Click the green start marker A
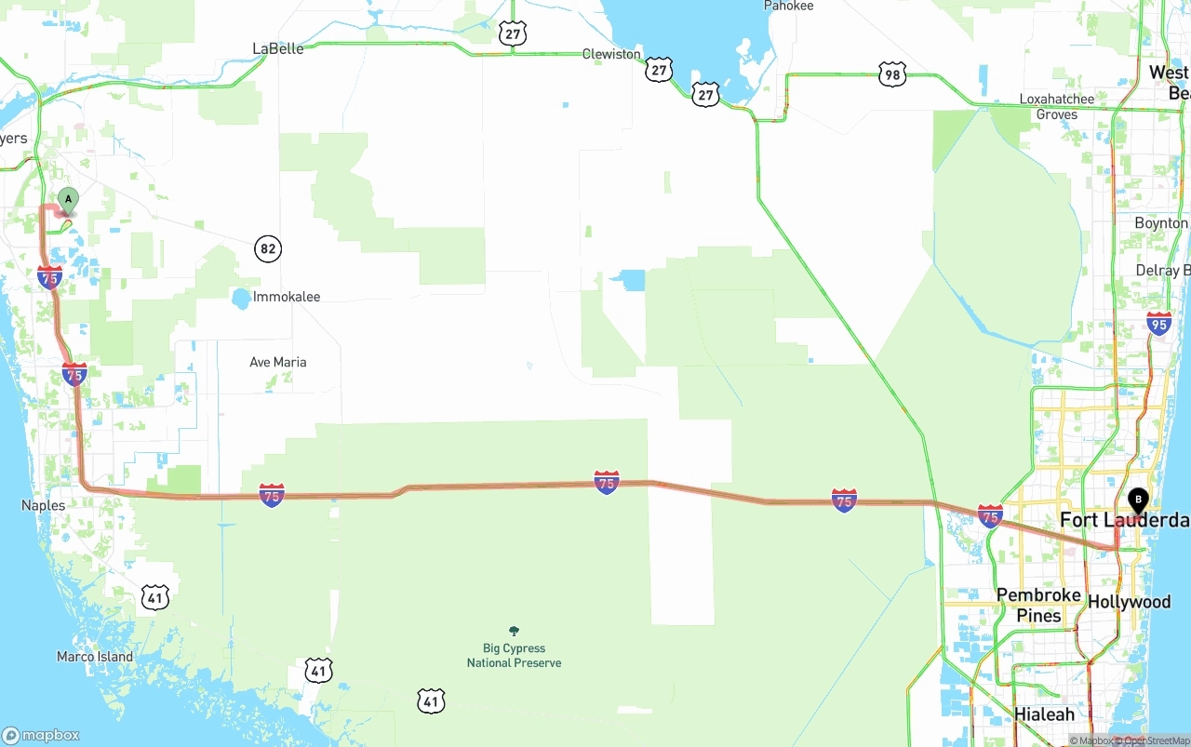coord(68,200)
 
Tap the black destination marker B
coord(1138,500)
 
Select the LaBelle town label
coord(278,48)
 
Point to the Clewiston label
coord(611,54)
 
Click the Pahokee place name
coord(788,6)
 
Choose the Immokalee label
coord(287,297)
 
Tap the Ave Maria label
coord(277,362)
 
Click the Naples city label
coord(43,505)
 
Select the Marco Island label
coord(95,657)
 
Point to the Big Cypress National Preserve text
coord(514,656)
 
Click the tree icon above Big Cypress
coord(514,632)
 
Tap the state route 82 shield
coord(268,248)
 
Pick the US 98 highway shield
coord(891,75)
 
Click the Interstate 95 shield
coord(1158,323)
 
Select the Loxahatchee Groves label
coord(1056,107)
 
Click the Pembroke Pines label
coord(1038,605)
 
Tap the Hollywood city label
coord(1129,602)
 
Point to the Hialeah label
coord(1044,714)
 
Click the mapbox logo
coord(41,735)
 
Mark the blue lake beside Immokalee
coord(240,299)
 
